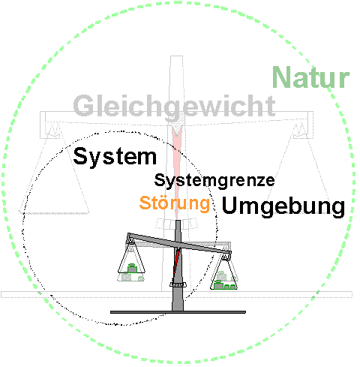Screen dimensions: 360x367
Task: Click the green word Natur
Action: tap(310, 77)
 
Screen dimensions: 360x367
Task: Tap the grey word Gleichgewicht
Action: tap(174, 107)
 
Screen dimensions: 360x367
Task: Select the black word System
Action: tap(115, 157)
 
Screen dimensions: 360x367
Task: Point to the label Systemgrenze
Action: tap(214, 181)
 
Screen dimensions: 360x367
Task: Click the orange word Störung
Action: tap(175, 203)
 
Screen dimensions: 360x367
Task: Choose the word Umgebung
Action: tap(283, 206)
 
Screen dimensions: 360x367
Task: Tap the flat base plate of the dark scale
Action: tap(178, 312)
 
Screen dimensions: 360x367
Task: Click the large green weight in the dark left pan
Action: tap(132, 269)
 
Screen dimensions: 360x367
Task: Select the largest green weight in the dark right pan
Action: tap(219, 285)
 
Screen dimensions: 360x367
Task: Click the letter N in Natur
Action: tap(280, 77)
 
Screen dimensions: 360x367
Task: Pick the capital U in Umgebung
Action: tap(229, 205)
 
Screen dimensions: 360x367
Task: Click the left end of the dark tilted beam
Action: tap(129, 236)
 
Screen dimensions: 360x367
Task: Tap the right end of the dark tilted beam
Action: tap(229, 253)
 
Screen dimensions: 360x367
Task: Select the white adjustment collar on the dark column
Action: tap(178, 284)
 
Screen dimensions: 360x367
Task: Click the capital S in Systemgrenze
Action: tap(159, 180)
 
